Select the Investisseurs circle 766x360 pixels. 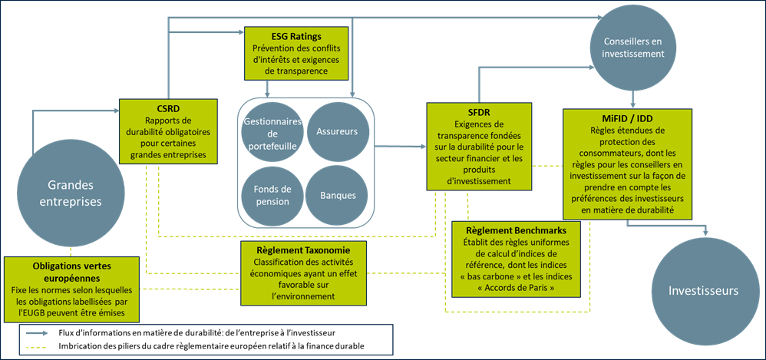(703, 291)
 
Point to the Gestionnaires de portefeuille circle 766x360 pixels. (269, 131)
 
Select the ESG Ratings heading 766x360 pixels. (296, 36)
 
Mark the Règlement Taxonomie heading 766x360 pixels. (303, 250)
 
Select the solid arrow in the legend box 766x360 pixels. (36, 333)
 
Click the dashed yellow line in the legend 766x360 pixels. (36, 348)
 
